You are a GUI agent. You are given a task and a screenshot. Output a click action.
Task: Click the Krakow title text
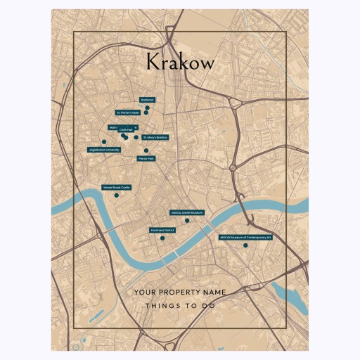point(180,62)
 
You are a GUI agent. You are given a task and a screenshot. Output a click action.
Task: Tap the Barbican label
point(147,100)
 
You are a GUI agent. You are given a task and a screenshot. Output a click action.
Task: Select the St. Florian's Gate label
point(129,112)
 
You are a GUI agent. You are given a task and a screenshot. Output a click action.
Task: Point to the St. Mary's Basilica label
point(155,137)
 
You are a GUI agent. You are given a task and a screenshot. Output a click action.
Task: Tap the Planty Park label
point(146,159)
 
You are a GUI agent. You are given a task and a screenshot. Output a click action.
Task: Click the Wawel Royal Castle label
point(117,188)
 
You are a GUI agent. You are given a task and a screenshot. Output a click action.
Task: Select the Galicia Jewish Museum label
point(187,212)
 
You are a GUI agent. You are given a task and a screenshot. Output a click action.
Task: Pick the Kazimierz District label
point(162,230)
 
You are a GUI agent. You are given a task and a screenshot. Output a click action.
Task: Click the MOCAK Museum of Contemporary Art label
point(245,238)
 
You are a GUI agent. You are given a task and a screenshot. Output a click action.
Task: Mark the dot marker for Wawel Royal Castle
point(117,195)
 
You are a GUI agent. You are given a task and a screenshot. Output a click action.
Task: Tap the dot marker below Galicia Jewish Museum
point(187,220)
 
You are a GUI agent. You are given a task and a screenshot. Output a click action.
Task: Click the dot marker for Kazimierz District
point(162,238)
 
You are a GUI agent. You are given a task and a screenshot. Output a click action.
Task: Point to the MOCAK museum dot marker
point(245,245)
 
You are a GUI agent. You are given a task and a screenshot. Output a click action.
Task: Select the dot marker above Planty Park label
point(146,150)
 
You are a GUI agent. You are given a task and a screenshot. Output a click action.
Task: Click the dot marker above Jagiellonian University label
point(104,142)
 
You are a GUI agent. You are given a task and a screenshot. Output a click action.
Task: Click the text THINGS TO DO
point(180,306)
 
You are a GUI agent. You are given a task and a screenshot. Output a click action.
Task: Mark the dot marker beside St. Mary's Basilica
point(136,137)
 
